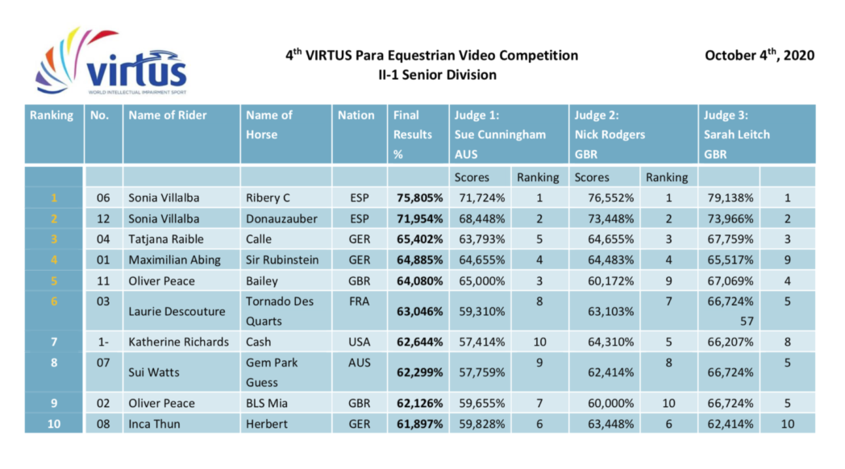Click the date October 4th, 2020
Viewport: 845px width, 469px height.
click(x=759, y=56)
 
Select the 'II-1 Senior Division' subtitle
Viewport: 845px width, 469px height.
click(x=437, y=75)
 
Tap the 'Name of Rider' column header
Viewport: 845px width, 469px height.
click(x=167, y=115)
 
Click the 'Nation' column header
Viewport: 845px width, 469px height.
click(x=356, y=115)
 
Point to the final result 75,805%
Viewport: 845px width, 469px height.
click(x=419, y=197)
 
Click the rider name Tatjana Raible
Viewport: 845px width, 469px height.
click(x=166, y=239)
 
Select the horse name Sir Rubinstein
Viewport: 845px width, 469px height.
click(x=282, y=259)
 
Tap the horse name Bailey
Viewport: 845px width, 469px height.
click(x=262, y=281)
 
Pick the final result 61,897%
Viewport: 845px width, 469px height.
click(x=419, y=424)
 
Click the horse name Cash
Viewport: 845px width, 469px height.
click(x=260, y=342)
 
